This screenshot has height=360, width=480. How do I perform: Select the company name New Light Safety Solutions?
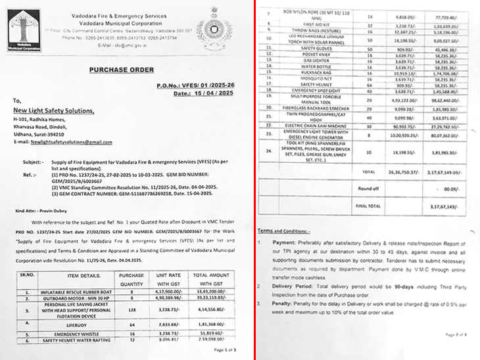click(54, 111)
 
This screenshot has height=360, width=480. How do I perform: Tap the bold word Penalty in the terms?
click(283, 305)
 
